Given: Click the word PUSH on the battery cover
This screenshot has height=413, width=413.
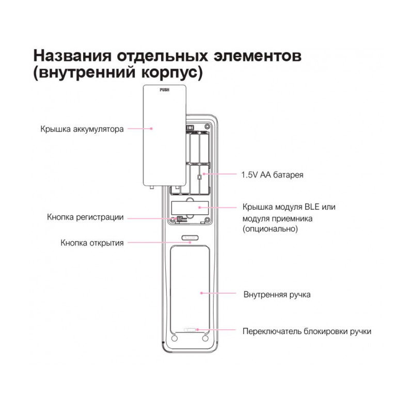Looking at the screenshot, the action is [x=164, y=90].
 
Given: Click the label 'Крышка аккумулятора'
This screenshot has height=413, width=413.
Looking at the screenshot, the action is [x=82, y=129].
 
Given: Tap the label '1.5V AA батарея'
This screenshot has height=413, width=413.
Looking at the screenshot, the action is [x=273, y=174].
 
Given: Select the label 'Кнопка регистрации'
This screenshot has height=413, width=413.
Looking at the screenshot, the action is [x=85, y=217].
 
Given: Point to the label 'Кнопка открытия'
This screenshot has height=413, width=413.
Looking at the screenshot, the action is [x=92, y=243].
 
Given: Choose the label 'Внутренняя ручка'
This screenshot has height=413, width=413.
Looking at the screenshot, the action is [x=277, y=294].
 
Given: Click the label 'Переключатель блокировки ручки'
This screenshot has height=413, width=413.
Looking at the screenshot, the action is [x=307, y=331].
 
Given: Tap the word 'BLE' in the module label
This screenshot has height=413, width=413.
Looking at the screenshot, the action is [x=312, y=207].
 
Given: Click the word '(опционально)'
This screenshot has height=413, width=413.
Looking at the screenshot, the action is [x=270, y=229].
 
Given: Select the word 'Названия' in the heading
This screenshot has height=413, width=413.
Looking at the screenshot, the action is [x=72, y=56].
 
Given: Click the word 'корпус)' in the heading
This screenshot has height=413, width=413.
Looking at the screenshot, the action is [x=172, y=73].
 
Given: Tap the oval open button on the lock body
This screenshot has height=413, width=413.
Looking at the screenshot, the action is [x=190, y=238].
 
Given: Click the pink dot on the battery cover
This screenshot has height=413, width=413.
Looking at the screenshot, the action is [x=151, y=129].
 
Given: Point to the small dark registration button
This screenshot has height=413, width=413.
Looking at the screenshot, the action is [x=180, y=218].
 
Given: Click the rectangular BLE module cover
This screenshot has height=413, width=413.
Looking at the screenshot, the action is [x=190, y=208].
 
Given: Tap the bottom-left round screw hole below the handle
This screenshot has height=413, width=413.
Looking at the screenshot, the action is [x=174, y=339].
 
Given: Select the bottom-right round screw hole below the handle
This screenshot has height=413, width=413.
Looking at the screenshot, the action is [x=205, y=339].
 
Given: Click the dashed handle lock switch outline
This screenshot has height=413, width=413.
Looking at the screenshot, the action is [x=189, y=329].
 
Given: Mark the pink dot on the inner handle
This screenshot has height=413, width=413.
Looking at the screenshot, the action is [x=201, y=293].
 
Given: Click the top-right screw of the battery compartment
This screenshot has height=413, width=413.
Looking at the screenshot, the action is [x=208, y=126].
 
